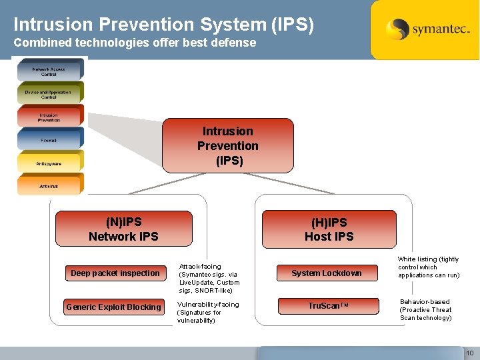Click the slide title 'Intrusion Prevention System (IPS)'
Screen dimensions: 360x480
[x=163, y=25]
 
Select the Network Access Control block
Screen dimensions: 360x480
[x=49, y=71]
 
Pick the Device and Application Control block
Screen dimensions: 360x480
[x=49, y=94]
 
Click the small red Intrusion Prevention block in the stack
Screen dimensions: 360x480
[x=49, y=117]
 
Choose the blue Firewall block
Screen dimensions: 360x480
[x=49, y=140]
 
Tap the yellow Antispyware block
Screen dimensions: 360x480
[x=49, y=163]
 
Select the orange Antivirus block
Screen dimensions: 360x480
[x=49, y=186]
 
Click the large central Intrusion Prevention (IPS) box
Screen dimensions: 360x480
[x=227, y=146]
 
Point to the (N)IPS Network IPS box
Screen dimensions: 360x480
[x=123, y=229]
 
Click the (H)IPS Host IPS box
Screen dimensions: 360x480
[x=329, y=229]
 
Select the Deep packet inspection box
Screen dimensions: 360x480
[x=115, y=273]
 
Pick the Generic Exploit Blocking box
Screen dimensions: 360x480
[x=114, y=307]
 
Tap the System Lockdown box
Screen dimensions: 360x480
[x=327, y=273]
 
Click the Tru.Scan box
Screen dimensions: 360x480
[x=327, y=306]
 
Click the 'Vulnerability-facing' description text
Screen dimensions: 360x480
[x=207, y=312]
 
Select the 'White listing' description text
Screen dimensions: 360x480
[x=429, y=267]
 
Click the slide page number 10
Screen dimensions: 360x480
[x=469, y=352]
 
